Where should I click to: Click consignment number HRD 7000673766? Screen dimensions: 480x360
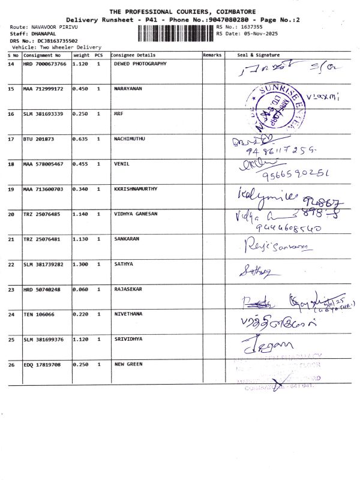point(45,64)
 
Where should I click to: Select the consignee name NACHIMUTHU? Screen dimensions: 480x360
point(130,139)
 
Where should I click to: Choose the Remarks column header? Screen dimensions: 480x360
point(212,55)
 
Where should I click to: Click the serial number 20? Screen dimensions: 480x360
point(11,214)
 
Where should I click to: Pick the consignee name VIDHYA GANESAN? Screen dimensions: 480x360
point(136,214)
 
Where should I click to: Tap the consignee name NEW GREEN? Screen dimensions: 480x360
point(128,364)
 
